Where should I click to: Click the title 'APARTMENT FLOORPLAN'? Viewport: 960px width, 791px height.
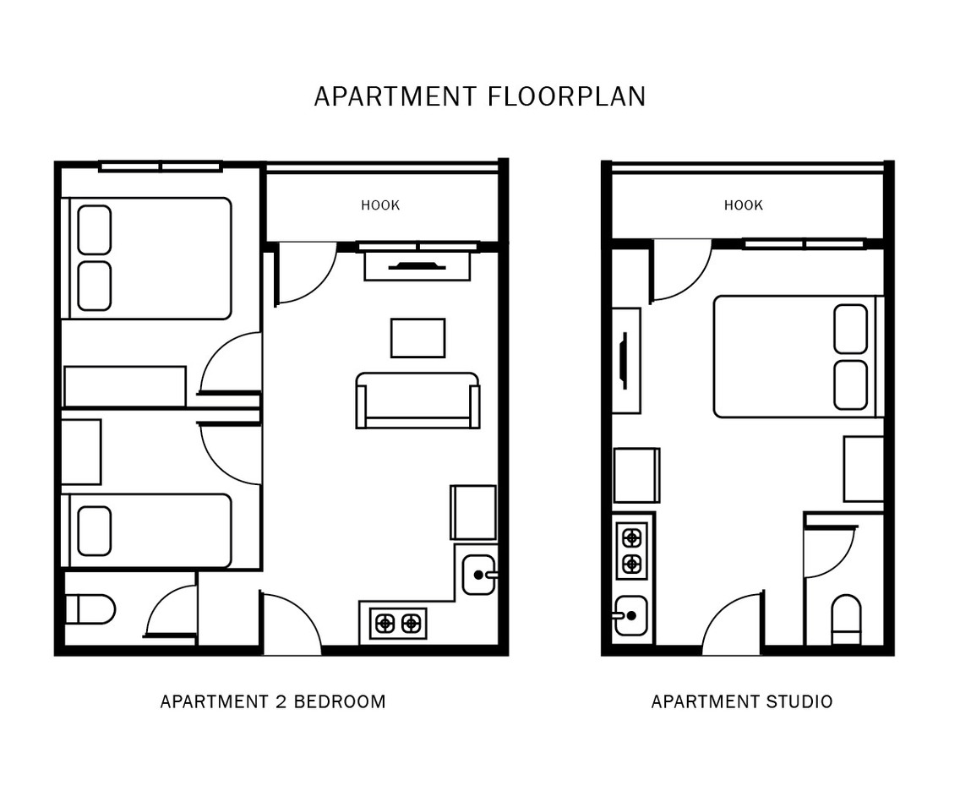479,96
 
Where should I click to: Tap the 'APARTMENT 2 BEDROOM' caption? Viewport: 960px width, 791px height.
272,701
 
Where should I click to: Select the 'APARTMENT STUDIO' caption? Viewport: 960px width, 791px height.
741,701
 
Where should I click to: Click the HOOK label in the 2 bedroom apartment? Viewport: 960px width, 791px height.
380,205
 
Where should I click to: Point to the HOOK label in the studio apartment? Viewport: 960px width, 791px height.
743,205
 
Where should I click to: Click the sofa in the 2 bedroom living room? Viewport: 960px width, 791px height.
417,401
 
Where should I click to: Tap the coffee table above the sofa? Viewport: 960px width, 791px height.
417,338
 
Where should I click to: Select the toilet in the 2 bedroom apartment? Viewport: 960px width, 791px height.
90,608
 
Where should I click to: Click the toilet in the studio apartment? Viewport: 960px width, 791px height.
846,619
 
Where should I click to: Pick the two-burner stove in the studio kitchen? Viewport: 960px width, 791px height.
631,550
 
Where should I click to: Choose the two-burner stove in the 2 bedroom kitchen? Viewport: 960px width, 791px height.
398,624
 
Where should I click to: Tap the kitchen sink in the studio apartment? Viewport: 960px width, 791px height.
630,615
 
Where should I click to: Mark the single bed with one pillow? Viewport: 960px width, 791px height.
148,531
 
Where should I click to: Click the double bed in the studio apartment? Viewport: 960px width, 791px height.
794,357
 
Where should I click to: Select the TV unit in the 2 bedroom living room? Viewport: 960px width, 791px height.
417,265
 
